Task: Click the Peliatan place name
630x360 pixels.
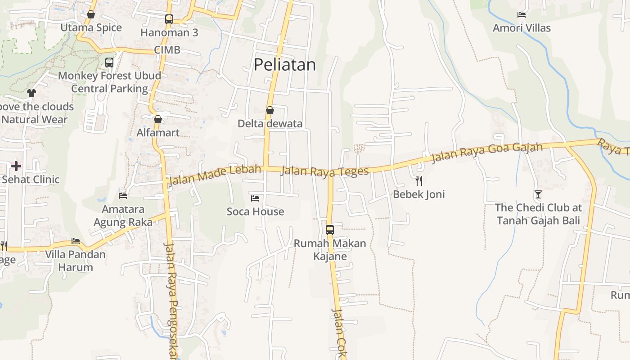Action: pos(285,65)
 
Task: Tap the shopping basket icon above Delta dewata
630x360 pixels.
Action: pos(270,110)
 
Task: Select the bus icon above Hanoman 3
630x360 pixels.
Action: pos(169,19)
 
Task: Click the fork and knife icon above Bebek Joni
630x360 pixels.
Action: pos(419,181)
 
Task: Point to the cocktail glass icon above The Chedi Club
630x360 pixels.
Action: pos(538,194)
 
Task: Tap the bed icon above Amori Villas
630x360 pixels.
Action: pos(522,15)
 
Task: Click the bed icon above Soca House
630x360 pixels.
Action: pos(255,198)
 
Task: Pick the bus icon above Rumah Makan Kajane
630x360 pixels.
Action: pos(330,230)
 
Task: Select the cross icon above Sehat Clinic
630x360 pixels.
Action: pos(16,166)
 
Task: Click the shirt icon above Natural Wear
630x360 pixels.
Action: pos(31,93)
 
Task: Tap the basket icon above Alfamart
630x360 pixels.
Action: pos(158,119)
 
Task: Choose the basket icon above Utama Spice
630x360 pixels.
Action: pos(91,14)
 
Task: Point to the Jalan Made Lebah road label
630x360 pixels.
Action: pos(214,175)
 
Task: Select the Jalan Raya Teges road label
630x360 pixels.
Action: pos(325,171)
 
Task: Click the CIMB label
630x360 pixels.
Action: pos(167,50)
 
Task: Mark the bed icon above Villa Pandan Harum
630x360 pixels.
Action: pos(76,241)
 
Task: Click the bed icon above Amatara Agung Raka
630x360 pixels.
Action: pos(123,196)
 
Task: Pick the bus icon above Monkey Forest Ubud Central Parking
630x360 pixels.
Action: pos(109,63)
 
